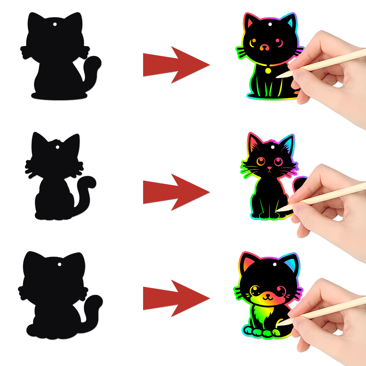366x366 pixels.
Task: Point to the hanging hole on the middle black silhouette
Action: pos(57,147)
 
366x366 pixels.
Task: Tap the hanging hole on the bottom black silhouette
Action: pos(59,265)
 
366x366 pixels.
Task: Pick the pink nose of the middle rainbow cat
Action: pos(269,169)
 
